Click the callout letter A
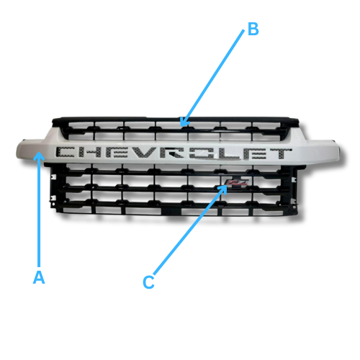40,277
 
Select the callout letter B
252,30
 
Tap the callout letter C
148,283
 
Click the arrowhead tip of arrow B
181,127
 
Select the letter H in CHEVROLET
95,153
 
